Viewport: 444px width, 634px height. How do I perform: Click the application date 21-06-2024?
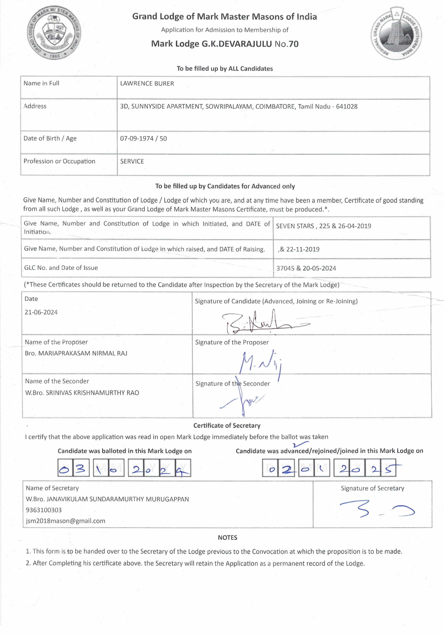pyautogui.click(x=41, y=312)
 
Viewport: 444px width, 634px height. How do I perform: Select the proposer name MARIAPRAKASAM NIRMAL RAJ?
pyautogui.click(x=83, y=353)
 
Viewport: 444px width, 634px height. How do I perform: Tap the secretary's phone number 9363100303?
pyautogui.click(x=44, y=510)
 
